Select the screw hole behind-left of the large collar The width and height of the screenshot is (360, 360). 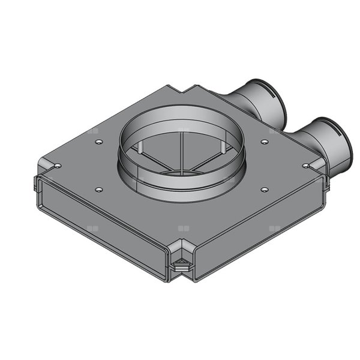[x=97, y=143]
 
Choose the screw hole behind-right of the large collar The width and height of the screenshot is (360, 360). [x=265, y=142]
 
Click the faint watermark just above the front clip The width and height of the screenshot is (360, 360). [x=182, y=229]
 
